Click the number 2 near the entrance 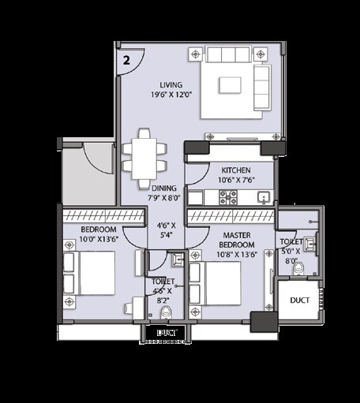[126, 58]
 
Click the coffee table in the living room [231, 84]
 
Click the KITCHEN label [236, 170]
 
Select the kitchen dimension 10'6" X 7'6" [236, 180]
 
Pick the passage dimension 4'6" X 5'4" [167, 229]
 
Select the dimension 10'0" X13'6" [99, 240]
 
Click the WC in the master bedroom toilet [298, 268]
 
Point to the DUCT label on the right [301, 300]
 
